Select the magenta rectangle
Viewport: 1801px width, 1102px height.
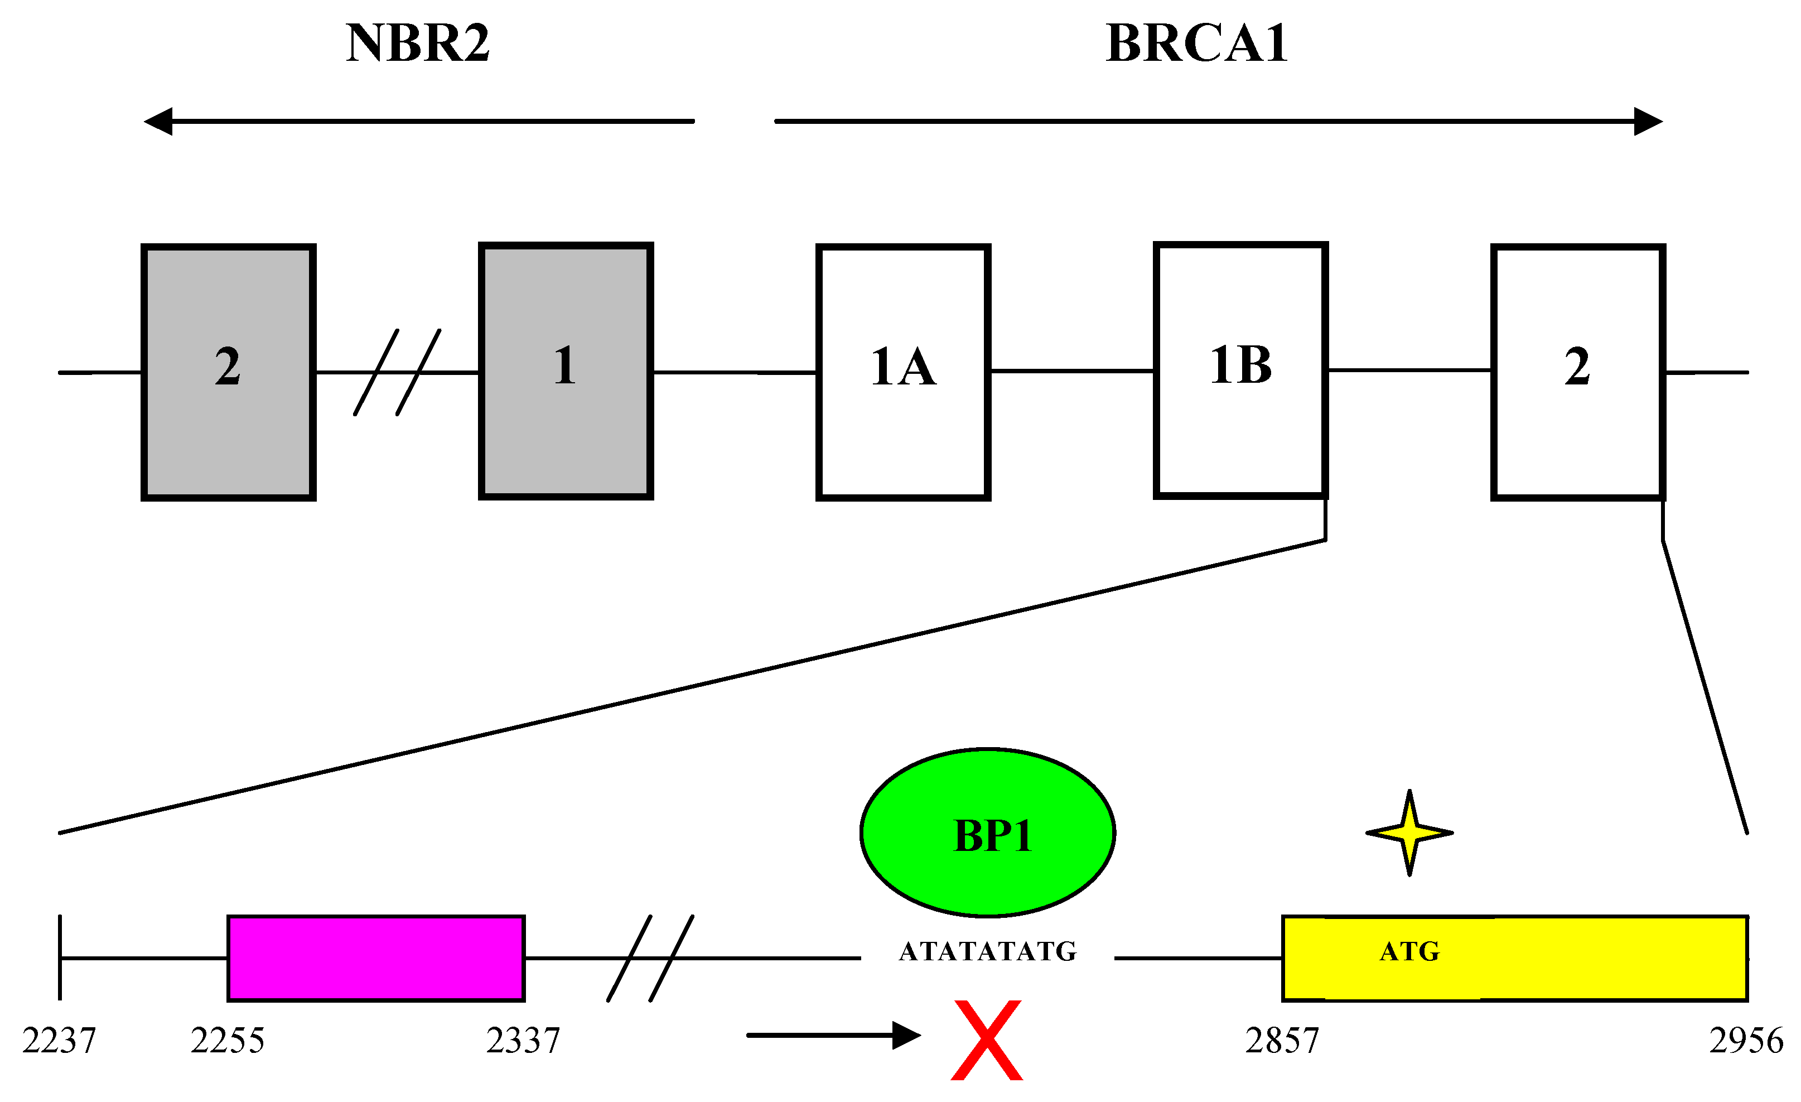tap(376, 958)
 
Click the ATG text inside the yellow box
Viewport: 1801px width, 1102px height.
tap(1409, 951)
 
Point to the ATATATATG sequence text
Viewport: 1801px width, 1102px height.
tap(987, 951)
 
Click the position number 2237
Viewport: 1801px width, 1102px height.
tap(59, 1041)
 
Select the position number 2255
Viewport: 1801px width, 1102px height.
tap(228, 1041)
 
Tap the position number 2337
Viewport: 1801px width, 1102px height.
tap(523, 1041)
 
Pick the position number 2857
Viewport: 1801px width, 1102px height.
tap(1282, 1041)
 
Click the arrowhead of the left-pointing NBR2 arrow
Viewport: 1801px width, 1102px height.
tap(158, 122)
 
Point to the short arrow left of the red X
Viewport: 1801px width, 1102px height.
tap(833, 1036)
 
